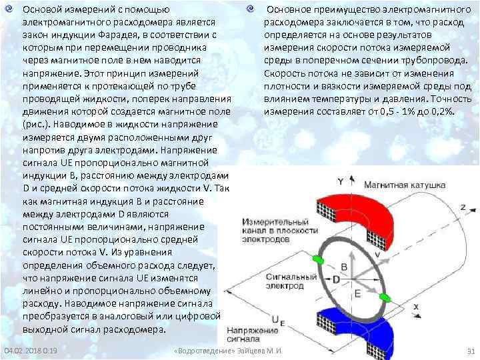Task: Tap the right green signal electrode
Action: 385,297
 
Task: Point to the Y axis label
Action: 341,181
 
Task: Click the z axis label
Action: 462,207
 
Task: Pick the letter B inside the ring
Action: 344,265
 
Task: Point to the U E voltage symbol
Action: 276,321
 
